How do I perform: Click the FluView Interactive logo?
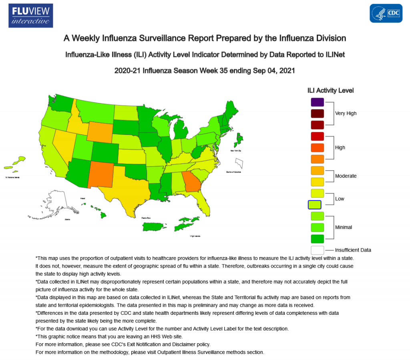click(x=30, y=15)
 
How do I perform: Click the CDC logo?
click(x=386, y=13)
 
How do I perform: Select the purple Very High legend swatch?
click(x=317, y=102)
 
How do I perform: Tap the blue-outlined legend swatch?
click(x=315, y=205)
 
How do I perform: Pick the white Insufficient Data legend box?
click(x=317, y=250)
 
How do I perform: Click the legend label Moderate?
click(x=346, y=176)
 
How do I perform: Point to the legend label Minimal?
click(x=344, y=227)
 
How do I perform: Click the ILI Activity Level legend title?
click(x=330, y=91)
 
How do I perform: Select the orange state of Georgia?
click(x=190, y=183)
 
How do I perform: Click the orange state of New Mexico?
click(x=102, y=175)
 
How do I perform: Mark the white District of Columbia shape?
click(x=239, y=163)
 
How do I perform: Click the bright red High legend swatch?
click(x=317, y=136)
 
